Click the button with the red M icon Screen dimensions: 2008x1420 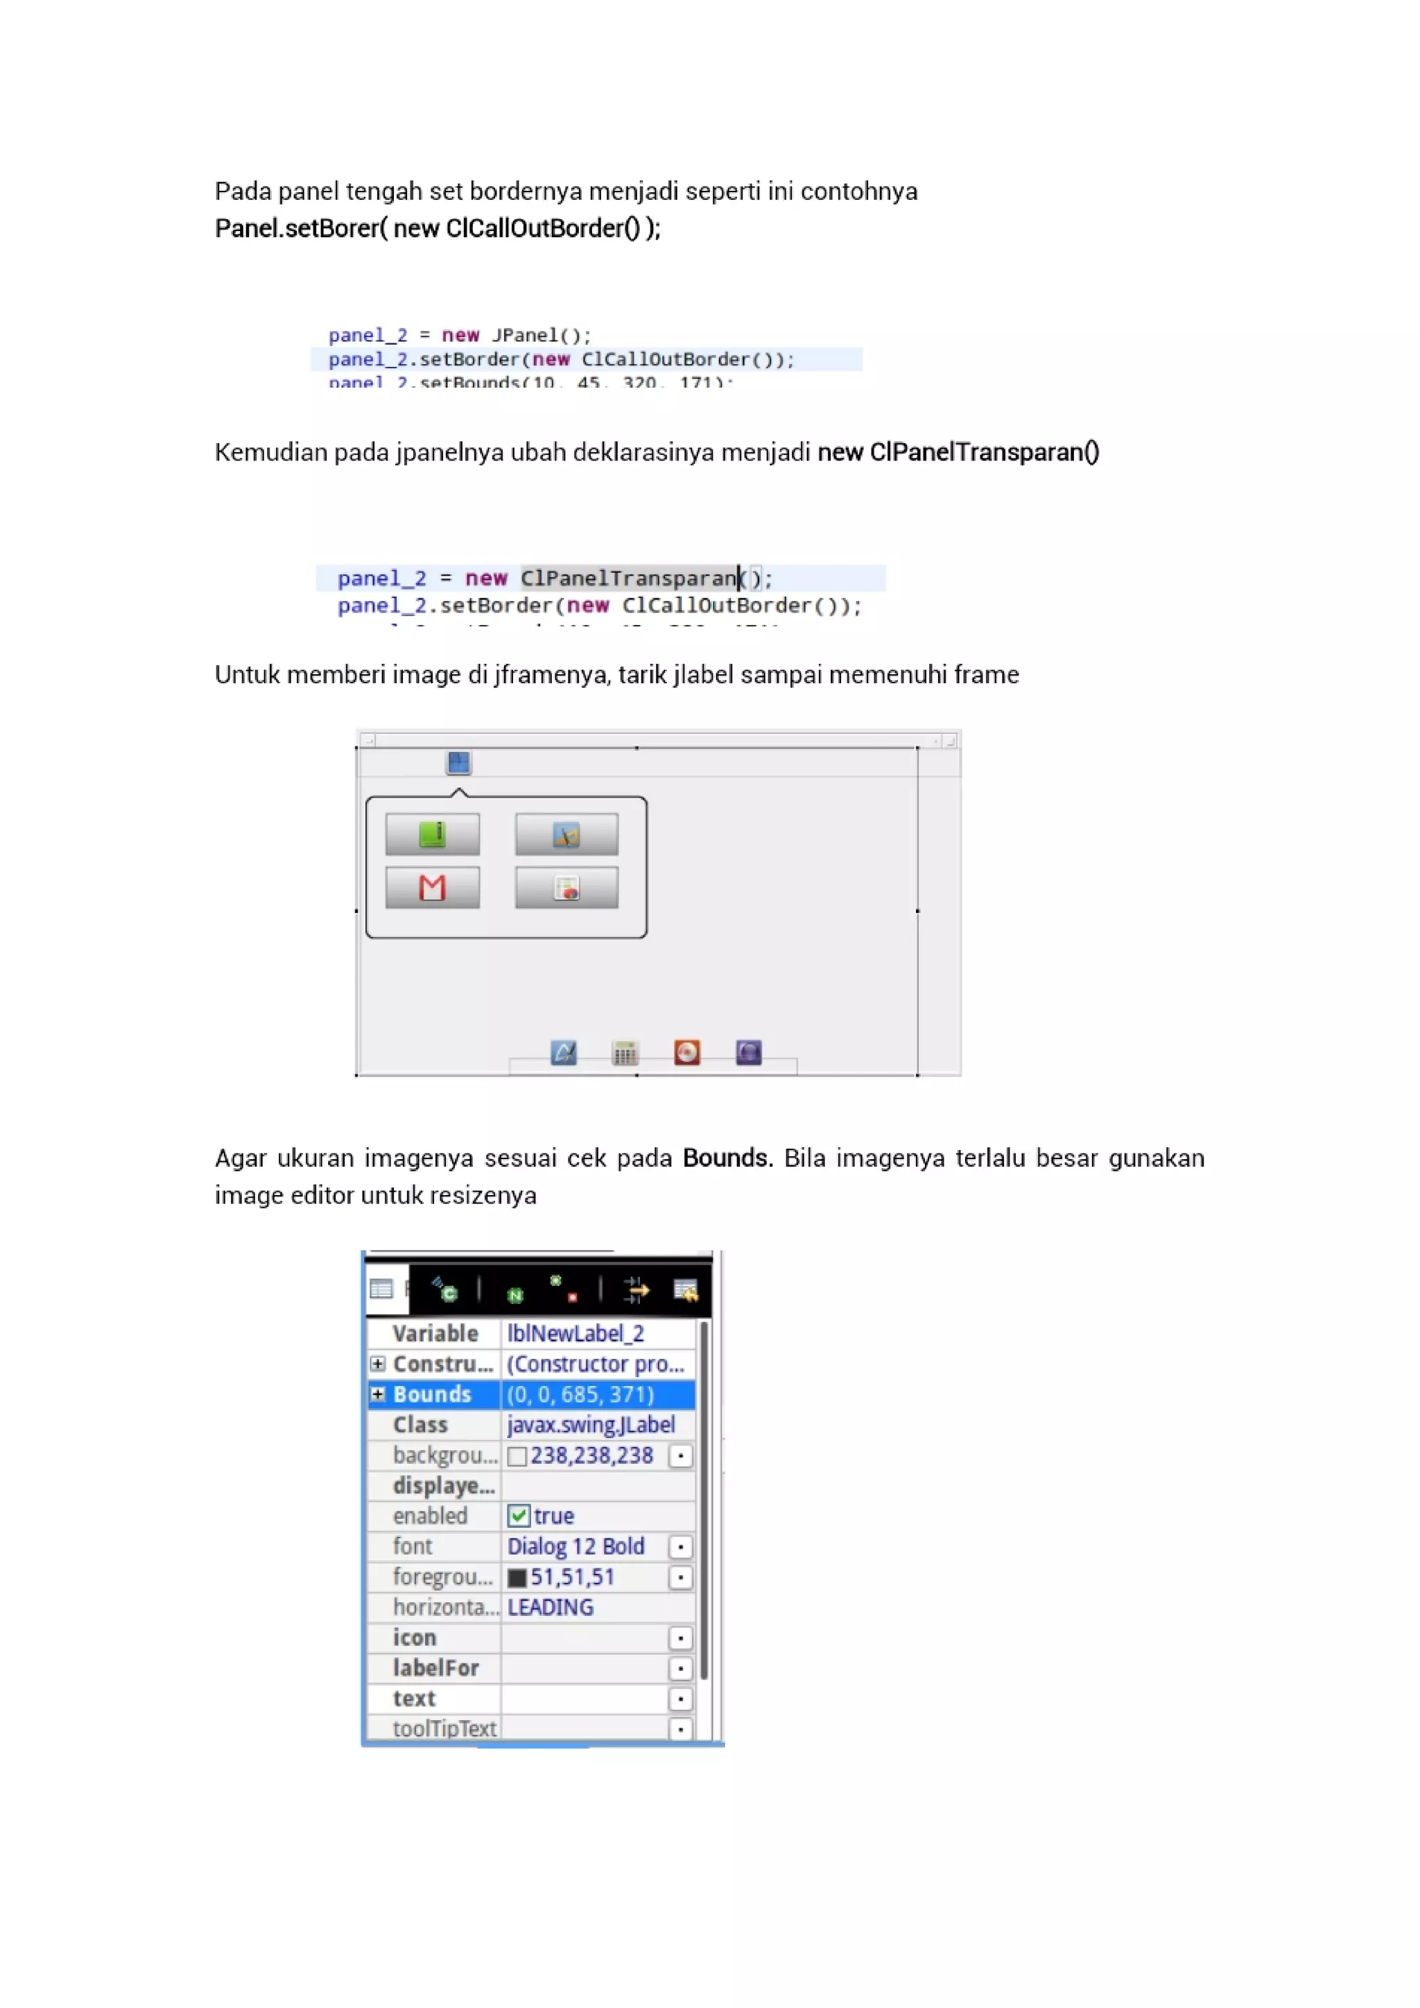[432, 888]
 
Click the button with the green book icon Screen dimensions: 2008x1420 [432, 834]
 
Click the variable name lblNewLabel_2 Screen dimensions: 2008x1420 [575, 1333]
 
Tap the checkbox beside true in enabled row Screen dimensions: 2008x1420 [519, 1516]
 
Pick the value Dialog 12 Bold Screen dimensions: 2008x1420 [575, 1546]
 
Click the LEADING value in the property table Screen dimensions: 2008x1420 [550, 1608]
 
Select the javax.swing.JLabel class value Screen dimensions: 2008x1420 [590, 1425]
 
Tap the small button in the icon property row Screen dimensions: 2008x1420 [680, 1638]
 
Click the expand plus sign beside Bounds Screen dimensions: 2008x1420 [378, 1394]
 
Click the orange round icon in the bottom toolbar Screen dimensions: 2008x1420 [686, 1052]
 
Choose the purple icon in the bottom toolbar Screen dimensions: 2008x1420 [748, 1052]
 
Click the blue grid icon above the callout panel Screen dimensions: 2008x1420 [458, 762]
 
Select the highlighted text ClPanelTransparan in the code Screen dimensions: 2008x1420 [629, 578]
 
